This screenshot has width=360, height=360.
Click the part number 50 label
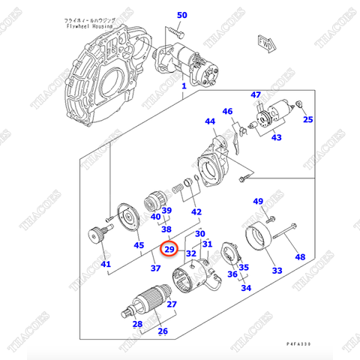click(182, 15)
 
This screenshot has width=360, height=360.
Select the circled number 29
click(169, 250)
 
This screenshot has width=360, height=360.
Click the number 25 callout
click(308, 119)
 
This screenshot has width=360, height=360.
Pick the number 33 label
click(277, 271)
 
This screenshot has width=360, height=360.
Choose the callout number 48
click(300, 257)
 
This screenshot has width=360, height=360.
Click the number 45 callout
click(138, 245)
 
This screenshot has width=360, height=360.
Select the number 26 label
click(162, 331)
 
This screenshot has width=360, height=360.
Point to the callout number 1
click(182, 87)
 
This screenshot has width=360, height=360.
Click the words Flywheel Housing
click(88, 25)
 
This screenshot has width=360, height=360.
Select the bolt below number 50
click(175, 32)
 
